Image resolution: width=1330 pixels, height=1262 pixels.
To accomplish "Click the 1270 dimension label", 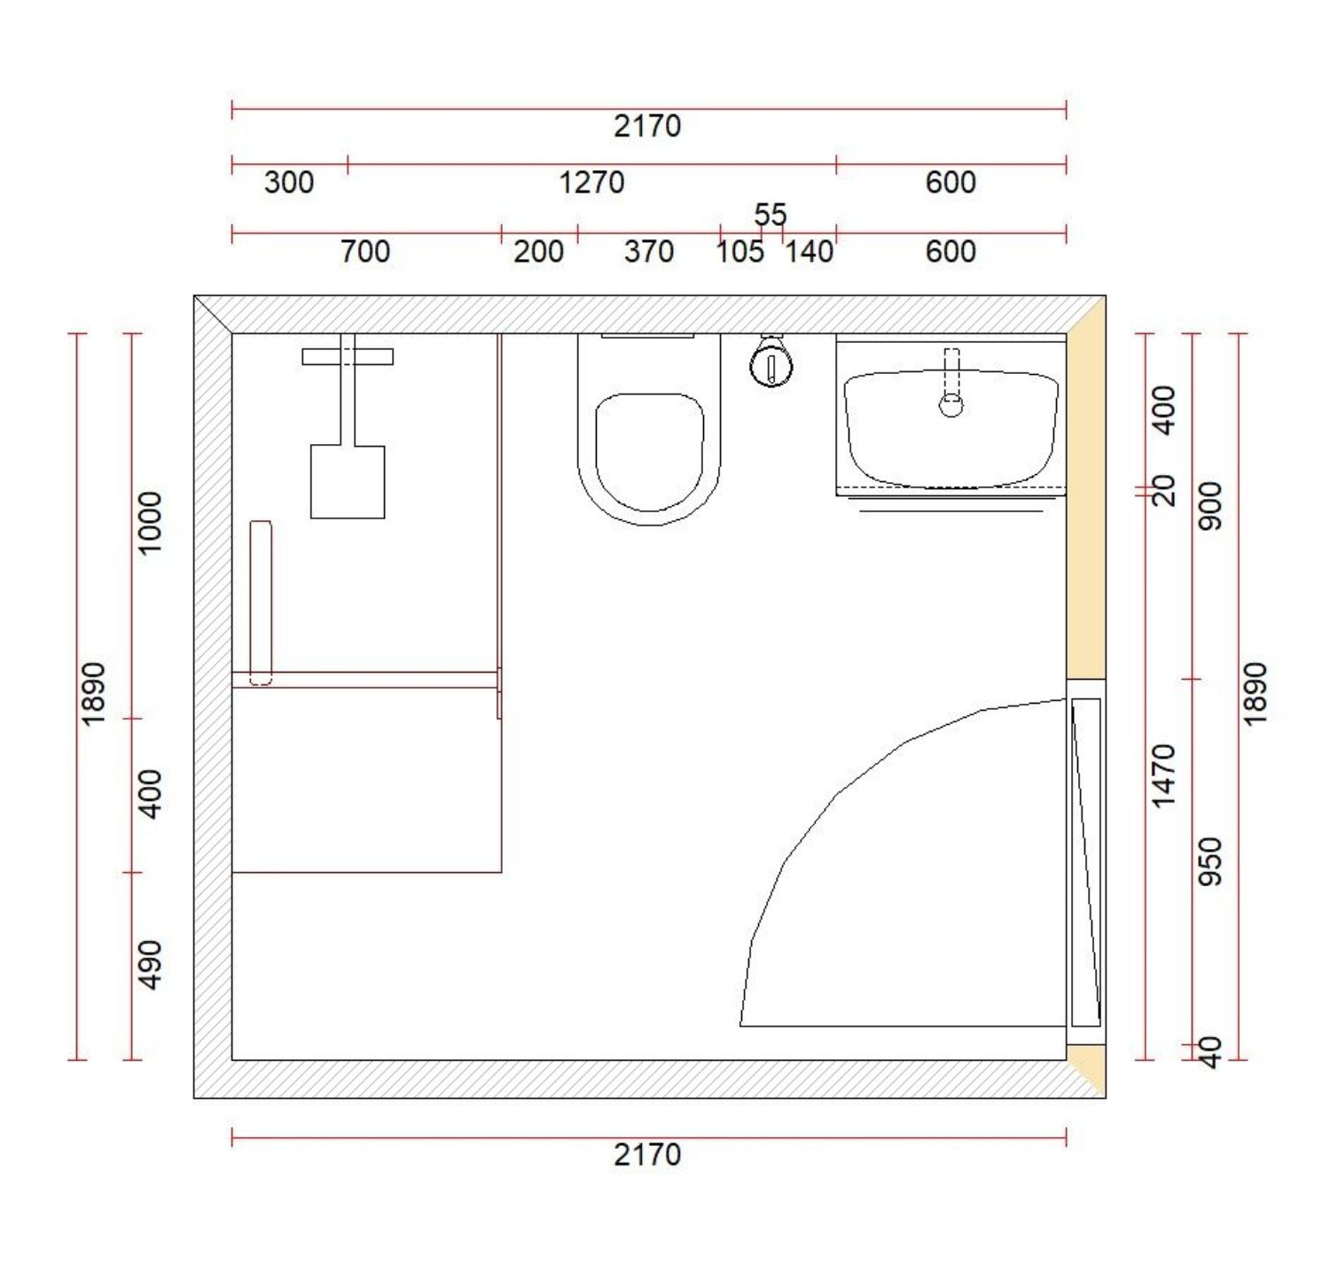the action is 591,183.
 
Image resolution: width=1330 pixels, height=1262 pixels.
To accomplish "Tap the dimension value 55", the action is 770,215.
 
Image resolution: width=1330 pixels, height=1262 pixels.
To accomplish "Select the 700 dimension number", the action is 364,252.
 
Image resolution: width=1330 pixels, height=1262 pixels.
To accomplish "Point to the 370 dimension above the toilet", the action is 648,252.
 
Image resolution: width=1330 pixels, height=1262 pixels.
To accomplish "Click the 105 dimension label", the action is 739,252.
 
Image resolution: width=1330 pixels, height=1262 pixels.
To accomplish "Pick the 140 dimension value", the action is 809,252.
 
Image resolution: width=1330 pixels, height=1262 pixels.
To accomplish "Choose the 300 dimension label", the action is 289,183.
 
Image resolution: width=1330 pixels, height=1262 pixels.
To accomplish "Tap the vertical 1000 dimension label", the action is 150,523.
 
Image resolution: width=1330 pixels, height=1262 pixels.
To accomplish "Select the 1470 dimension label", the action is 1164,776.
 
